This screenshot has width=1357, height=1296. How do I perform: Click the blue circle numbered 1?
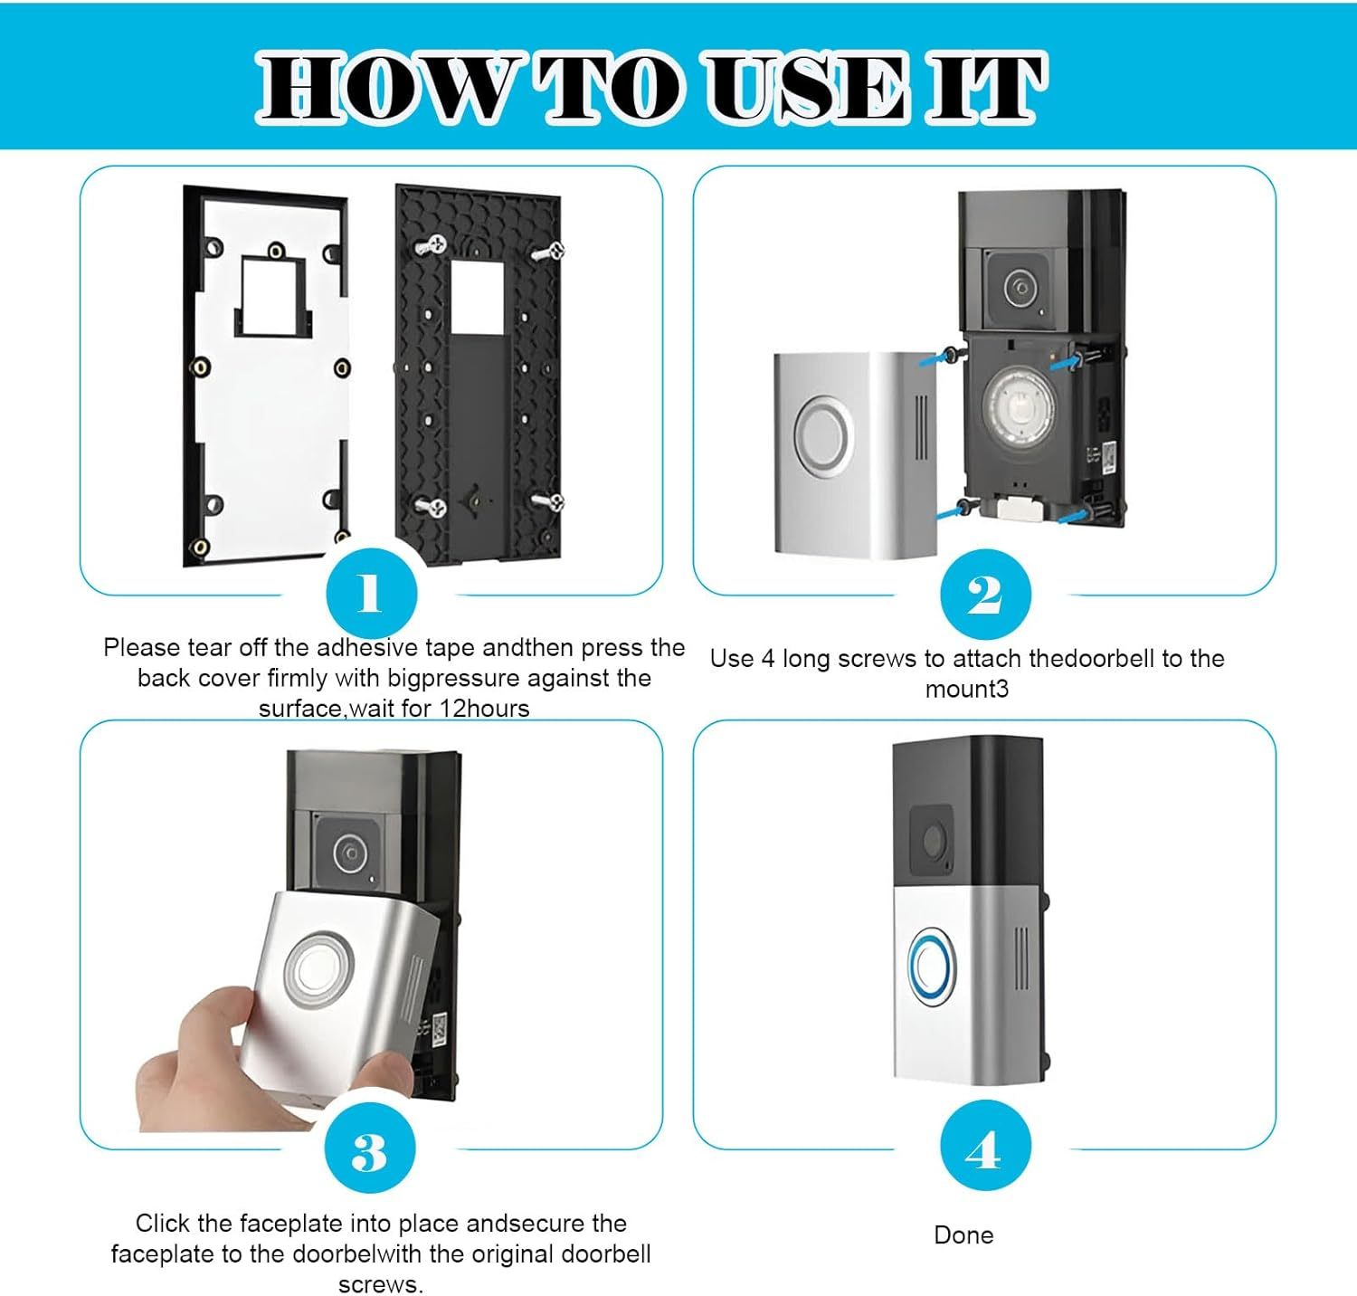click(371, 594)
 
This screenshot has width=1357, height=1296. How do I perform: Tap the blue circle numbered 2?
click(984, 595)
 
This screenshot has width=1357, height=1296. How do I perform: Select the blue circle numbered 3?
click(369, 1148)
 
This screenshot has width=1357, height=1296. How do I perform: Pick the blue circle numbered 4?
click(984, 1148)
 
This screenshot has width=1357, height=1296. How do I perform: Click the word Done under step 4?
click(963, 1235)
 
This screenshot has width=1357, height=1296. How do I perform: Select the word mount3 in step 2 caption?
click(966, 690)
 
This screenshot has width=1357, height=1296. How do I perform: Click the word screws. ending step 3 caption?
click(380, 1285)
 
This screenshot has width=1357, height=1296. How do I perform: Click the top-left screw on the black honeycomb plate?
click(432, 244)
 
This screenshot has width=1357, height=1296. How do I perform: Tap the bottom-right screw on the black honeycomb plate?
click(547, 501)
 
